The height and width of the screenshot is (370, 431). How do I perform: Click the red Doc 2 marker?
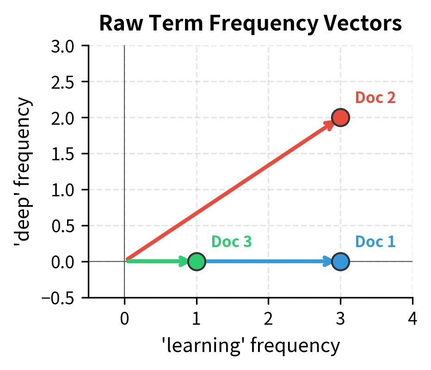click(x=340, y=117)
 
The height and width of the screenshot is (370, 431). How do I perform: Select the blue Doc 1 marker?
click(x=340, y=261)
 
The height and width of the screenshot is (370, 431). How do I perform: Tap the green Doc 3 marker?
click(x=197, y=261)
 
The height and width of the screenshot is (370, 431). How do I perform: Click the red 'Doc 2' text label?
click(x=375, y=98)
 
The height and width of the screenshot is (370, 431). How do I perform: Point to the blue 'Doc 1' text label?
click(x=375, y=242)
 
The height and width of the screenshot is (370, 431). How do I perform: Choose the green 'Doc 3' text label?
click(x=231, y=242)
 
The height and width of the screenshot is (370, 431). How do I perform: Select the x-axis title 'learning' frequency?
click(x=250, y=345)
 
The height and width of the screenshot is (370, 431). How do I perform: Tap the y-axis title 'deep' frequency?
click(x=23, y=171)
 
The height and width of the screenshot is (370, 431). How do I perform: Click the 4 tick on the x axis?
click(x=412, y=318)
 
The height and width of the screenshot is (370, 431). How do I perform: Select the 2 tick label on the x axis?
click(x=268, y=318)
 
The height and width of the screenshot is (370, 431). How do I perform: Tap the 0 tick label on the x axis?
click(x=124, y=318)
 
